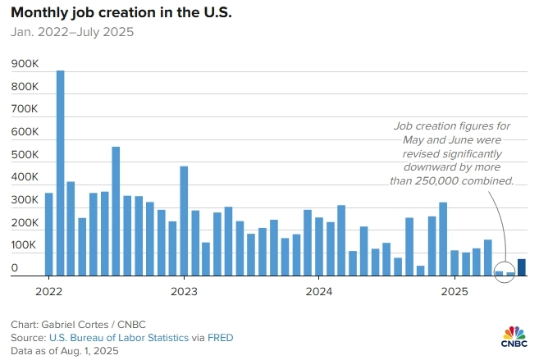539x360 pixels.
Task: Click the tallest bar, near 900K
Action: tap(60, 172)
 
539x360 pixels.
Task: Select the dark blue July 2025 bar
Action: tap(521, 267)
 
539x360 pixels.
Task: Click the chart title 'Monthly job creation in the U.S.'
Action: tap(122, 14)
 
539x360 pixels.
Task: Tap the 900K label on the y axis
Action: tap(25, 64)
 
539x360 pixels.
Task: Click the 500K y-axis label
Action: tap(25, 154)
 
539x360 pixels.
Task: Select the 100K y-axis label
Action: tap(25, 245)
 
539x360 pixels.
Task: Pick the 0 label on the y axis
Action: tap(15, 267)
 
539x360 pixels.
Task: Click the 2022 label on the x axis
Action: tap(49, 291)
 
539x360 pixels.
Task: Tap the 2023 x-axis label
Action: tap(185, 291)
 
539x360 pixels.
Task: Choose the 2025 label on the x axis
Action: tap(454, 291)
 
